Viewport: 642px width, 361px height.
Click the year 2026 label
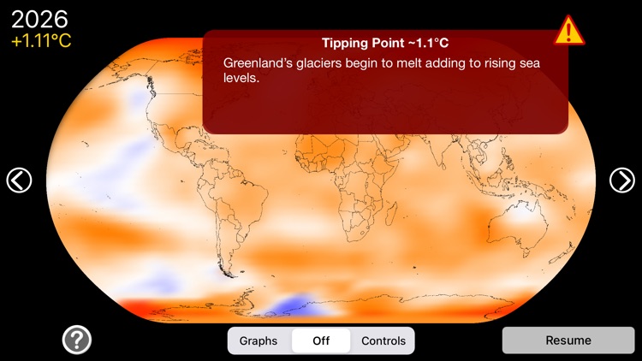(x=40, y=19)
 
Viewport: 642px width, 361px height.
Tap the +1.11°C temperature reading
(x=41, y=40)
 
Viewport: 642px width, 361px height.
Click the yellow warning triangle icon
(x=568, y=30)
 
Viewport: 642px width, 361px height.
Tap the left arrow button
(x=19, y=180)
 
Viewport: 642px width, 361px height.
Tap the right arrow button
(x=622, y=180)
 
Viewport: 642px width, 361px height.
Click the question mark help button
(x=77, y=340)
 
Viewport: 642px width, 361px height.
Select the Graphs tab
(x=259, y=340)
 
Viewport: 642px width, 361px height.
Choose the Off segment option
(x=321, y=340)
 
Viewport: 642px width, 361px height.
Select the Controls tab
(x=383, y=340)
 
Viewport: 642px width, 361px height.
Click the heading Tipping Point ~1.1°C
(x=385, y=43)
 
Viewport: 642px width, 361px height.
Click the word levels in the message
(x=241, y=80)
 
